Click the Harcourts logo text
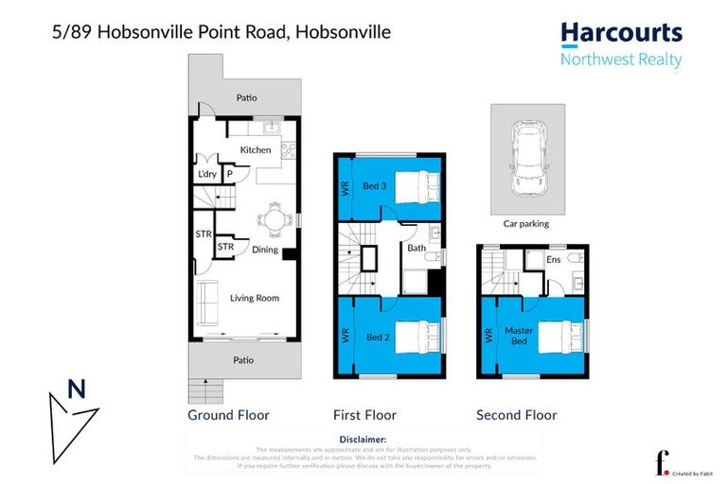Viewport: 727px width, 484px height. pos(621,34)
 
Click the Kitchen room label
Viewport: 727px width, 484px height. pos(256,150)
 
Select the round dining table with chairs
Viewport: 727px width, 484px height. pos(274,219)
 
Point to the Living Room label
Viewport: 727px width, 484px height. pos(255,298)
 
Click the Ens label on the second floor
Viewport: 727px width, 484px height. pos(555,259)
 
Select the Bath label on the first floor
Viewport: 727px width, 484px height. pos(417,248)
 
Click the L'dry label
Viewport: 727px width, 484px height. pos(207,175)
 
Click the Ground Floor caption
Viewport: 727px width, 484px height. pos(228,415)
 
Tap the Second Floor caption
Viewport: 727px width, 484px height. pos(516,415)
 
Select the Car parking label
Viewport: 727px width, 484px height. pos(526,224)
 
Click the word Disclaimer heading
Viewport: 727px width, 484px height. pos(363,440)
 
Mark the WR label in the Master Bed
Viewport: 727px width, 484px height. pos(488,335)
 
